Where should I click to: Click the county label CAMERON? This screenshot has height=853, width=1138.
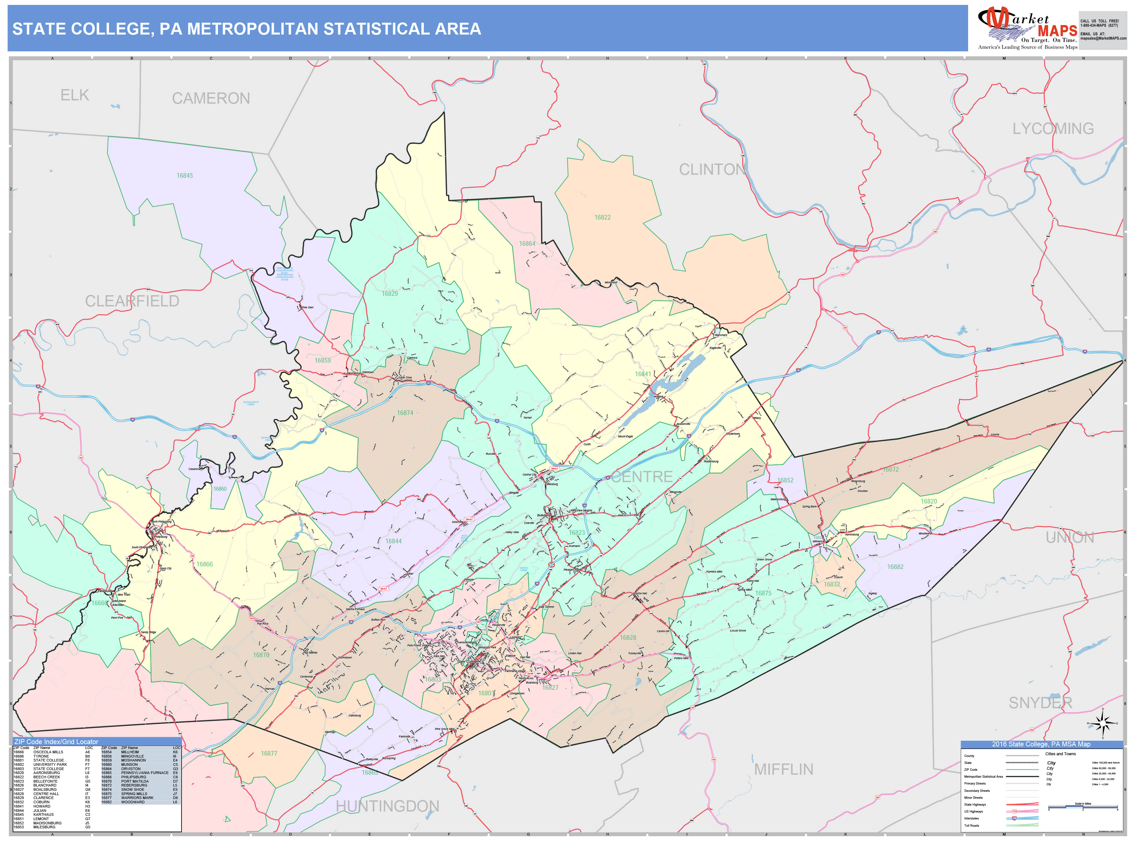click(211, 98)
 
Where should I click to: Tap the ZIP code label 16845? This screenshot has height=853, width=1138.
click(185, 176)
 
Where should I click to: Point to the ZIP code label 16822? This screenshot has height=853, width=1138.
click(603, 218)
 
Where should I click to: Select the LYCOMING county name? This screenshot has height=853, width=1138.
click(1053, 129)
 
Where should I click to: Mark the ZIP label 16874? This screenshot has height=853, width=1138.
click(405, 413)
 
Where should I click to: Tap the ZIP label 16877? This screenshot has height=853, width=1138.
click(269, 754)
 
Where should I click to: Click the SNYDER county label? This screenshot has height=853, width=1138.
click(1040, 703)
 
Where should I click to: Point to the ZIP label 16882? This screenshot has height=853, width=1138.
click(895, 567)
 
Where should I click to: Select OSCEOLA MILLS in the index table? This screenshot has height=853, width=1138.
click(48, 752)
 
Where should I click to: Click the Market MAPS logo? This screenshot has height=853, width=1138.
click(1027, 28)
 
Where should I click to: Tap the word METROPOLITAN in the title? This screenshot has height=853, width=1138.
click(253, 29)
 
